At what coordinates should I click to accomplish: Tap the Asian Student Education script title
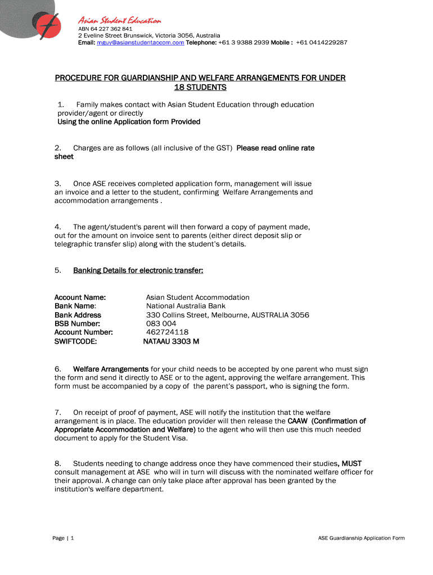point(119,21)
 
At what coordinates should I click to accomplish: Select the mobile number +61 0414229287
point(321,43)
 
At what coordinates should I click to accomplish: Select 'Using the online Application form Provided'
point(129,122)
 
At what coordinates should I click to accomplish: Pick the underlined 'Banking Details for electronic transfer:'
point(138,270)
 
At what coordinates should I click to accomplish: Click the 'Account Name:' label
point(80,297)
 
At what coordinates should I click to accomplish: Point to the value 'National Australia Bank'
point(186,306)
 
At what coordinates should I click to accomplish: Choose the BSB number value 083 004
point(161,323)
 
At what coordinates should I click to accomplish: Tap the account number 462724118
point(168,332)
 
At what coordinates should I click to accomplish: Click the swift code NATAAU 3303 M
point(172,341)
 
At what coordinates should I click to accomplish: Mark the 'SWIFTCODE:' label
point(75,341)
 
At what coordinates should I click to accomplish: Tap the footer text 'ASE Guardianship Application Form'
point(361,538)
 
